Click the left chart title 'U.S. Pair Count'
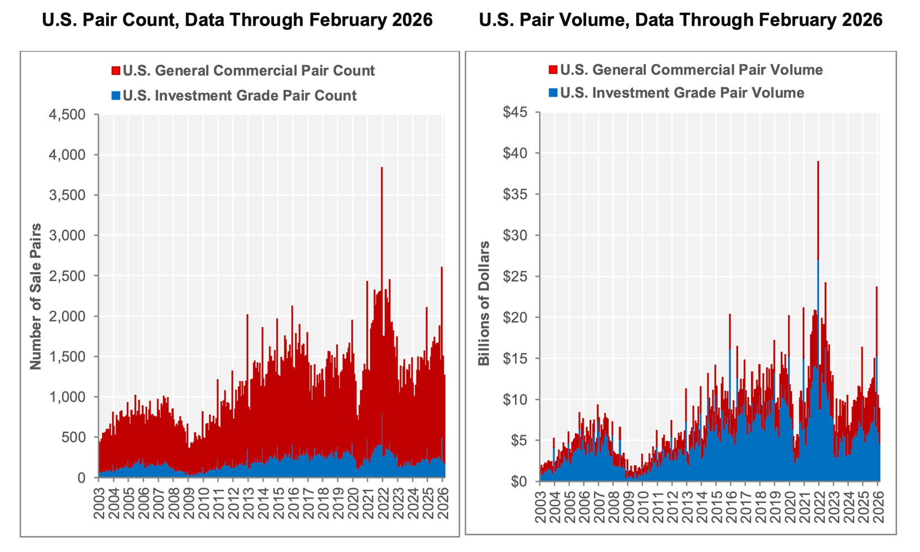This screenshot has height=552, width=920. tap(237, 20)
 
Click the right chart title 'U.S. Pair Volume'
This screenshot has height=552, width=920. tap(680, 20)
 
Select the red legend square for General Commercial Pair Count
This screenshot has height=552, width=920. tap(116, 71)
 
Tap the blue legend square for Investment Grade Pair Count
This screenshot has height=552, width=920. tap(116, 95)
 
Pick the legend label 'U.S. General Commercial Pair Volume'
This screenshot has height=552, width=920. tap(691, 70)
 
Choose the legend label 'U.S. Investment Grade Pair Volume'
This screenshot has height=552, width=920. tap(682, 93)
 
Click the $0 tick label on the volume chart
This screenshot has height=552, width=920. tap(522, 481)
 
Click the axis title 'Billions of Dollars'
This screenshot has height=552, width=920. tap(484, 303)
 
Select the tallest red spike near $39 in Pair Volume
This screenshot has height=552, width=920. tap(818, 168)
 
